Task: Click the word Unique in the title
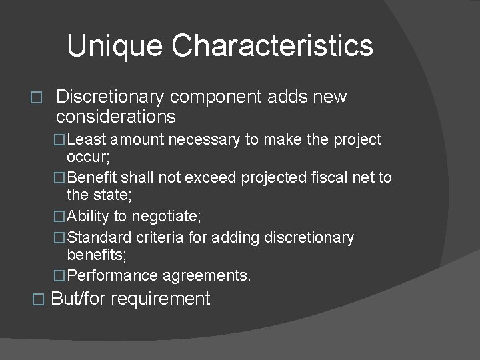[115, 45]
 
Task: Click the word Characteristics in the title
[272, 45]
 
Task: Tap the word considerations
[116, 117]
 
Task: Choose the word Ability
[89, 217]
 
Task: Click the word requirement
[160, 299]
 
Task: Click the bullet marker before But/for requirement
[37, 299]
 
